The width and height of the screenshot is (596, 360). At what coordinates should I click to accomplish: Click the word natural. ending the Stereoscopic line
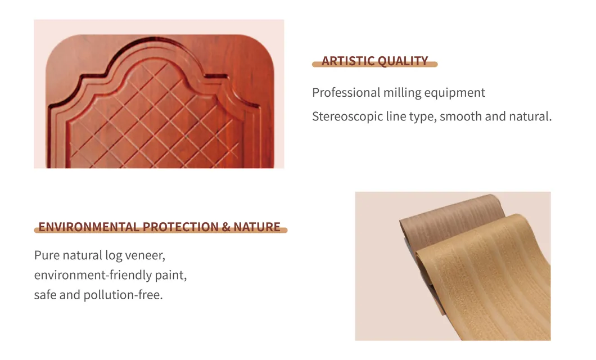[529, 117]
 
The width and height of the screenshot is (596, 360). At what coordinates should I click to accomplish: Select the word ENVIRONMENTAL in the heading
[88, 227]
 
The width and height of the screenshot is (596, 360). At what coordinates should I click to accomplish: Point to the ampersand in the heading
[226, 227]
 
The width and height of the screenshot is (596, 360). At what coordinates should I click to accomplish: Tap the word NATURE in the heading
[257, 227]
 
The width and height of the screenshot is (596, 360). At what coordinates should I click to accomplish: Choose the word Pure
[46, 255]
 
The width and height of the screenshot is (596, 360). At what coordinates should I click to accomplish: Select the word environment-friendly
[93, 276]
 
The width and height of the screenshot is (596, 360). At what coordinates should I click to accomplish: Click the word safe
[45, 295]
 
